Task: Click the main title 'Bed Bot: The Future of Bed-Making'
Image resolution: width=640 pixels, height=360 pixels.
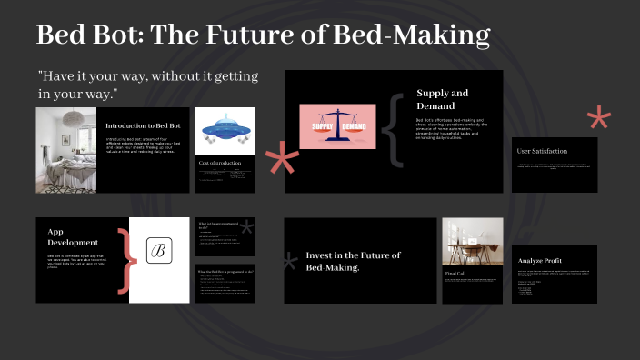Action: click(263, 35)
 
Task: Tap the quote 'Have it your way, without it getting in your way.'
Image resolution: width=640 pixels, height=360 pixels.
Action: click(148, 85)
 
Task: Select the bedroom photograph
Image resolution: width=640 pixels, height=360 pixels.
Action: click(66, 149)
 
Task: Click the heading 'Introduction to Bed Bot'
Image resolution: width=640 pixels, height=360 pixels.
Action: click(145, 125)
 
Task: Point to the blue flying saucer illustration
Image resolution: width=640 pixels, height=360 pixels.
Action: click(224, 130)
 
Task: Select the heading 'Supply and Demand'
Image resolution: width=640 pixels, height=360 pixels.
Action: click(443, 99)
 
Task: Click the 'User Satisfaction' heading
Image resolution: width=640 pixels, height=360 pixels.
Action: click(542, 151)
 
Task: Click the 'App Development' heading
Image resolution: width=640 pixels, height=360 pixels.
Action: click(73, 237)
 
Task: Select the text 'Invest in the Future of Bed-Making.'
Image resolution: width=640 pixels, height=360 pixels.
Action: click(353, 261)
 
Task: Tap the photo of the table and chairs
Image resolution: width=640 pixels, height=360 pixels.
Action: click(472, 241)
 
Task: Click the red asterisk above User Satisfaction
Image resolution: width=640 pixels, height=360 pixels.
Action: click(599, 119)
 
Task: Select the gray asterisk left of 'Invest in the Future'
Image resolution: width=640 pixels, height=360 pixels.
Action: click(290, 264)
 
